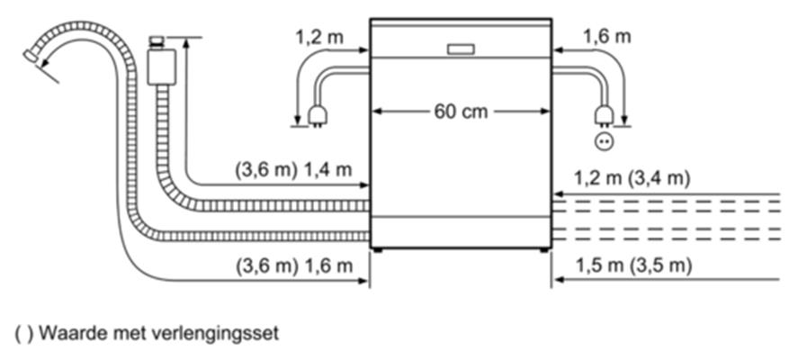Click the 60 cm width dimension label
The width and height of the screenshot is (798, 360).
461,112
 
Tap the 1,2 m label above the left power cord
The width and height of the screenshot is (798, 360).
319,37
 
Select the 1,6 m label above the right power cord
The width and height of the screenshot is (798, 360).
606,37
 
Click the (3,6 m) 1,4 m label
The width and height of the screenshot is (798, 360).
293,169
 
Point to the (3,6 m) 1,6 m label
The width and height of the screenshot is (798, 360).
294,265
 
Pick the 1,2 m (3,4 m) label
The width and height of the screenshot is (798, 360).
632,178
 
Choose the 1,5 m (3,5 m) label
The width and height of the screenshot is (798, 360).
633,265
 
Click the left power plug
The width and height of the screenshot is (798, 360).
317,116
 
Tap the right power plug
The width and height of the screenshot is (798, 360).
604,116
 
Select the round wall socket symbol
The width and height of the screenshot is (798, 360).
604,141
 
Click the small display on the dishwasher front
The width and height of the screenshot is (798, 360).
462,49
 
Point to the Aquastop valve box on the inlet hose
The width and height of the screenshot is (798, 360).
162,67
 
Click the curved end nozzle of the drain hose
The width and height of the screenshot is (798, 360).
31,56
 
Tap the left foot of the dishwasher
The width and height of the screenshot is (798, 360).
377,250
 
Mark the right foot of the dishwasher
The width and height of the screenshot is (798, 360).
544,250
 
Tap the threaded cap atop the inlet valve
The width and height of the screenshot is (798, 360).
157,41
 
